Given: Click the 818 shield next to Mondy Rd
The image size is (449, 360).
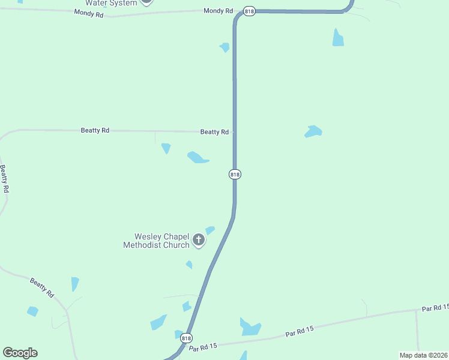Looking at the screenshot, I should (x=249, y=11).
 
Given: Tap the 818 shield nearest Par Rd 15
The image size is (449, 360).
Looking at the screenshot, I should (x=187, y=338).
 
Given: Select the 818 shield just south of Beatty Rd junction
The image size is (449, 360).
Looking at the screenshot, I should (x=235, y=174).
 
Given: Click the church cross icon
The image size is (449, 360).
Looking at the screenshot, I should (x=199, y=241).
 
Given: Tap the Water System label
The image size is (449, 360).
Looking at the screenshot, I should (x=111, y=3).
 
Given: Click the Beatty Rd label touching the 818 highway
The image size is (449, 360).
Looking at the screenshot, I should (x=214, y=132).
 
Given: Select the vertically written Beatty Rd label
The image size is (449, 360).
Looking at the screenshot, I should (x=5, y=178).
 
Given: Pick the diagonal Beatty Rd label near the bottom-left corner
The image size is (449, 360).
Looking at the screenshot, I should (x=43, y=288).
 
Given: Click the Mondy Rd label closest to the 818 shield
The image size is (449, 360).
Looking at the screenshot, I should (x=218, y=11).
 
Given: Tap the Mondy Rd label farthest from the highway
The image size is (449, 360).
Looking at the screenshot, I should (x=89, y=13).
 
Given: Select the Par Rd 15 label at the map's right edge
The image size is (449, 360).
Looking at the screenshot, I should (x=435, y=308).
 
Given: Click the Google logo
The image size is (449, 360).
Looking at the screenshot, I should (x=20, y=353).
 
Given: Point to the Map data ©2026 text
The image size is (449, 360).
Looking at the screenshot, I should (x=423, y=355).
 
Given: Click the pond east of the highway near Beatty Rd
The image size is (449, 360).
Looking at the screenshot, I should (x=313, y=131).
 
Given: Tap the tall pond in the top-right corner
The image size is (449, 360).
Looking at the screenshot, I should (x=339, y=38).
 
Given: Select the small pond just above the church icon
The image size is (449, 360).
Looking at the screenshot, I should (x=209, y=230).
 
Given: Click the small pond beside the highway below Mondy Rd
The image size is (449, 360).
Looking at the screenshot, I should (x=225, y=47).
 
